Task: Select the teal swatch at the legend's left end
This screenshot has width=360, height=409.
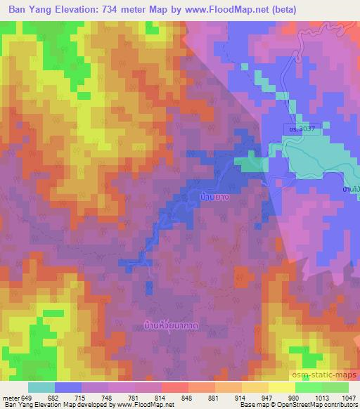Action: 41,387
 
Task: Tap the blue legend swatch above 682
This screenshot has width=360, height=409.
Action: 68,387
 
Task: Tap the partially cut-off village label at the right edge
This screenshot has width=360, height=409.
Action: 352,190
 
